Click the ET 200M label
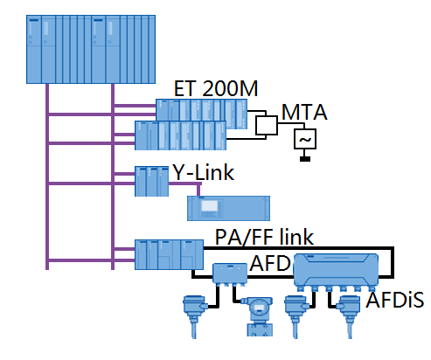click(x=214, y=88)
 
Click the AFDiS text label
click(x=394, y=301)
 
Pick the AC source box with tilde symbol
click(x=306, y=138)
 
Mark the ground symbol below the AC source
click(x=306, y=158)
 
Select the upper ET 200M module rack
click(x=201, y=111)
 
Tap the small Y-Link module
click(x=151, y=181)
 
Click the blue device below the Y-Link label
click(x=225, y=208)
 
